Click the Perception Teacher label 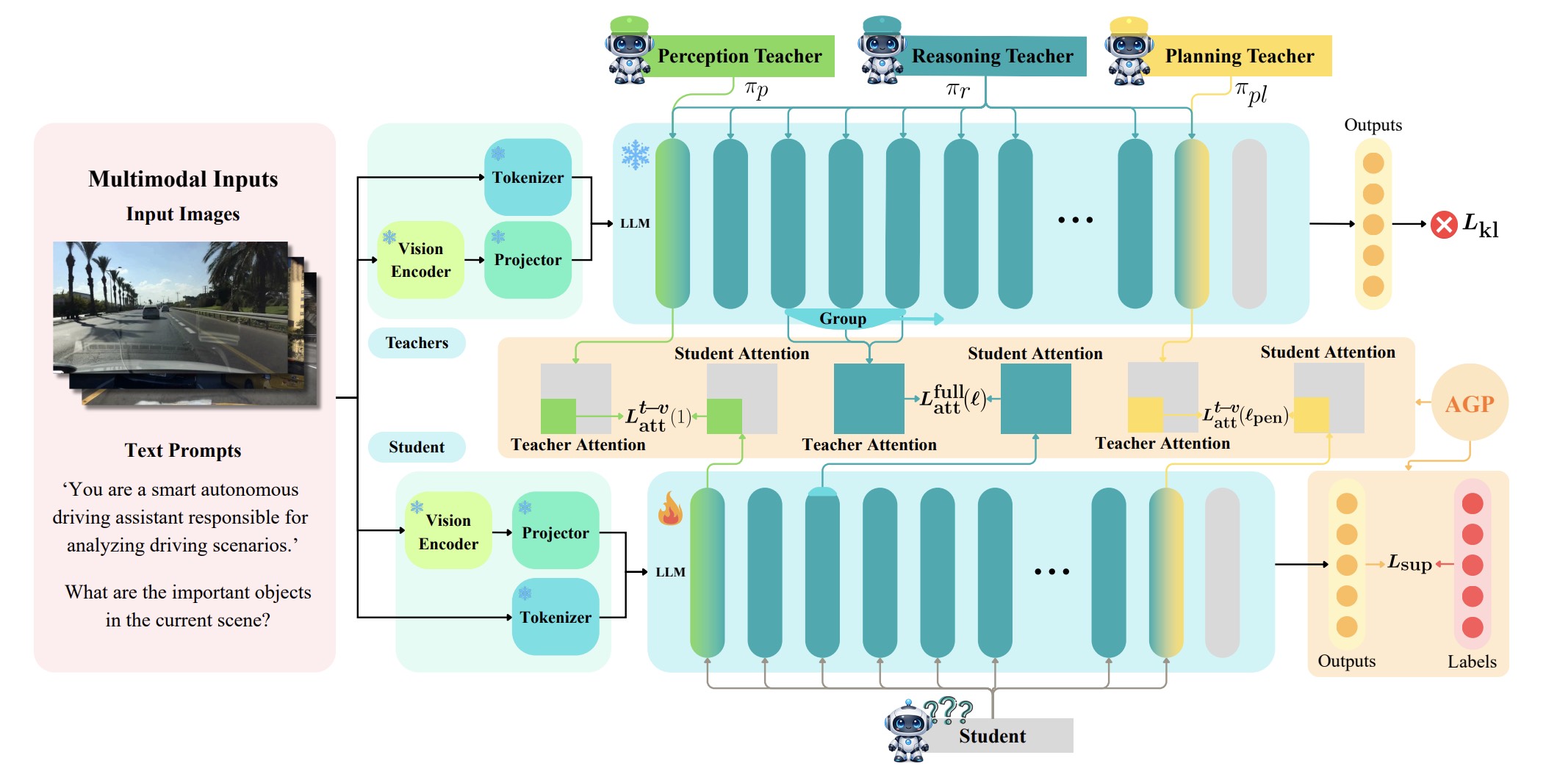coord(739,56)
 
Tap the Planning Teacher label coord(1240,56)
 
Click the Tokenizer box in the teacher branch coord(528,177)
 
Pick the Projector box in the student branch coord(556,532)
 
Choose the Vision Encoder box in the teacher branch coord(420,260)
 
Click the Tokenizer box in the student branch coord(556,617)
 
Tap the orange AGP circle coord(1470,402)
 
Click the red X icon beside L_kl coord(1444,224)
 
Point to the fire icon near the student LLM coord(670,508)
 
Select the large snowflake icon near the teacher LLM coord(635,155)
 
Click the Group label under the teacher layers coord(843,319)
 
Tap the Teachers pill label coord(417,343)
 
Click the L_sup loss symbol coord(1409,563)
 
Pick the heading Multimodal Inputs coord(183,179)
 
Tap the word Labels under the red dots coord(1472,662)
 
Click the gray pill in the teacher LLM coord(1249,223)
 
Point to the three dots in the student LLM coord(1051,571)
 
